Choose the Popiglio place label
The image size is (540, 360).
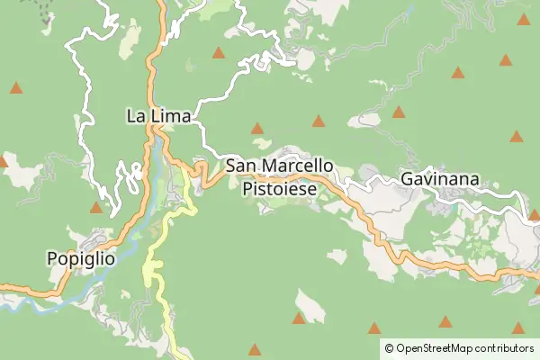81,258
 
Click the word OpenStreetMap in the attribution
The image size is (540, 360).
441,347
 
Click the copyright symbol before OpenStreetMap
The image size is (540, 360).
389,347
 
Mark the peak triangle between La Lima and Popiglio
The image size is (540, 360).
96,207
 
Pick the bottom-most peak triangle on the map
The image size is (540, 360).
255,349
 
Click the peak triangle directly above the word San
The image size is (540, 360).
257,128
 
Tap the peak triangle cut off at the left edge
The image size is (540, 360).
3,162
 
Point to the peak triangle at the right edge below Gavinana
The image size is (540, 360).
535,214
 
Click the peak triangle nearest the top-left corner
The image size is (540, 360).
16,88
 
